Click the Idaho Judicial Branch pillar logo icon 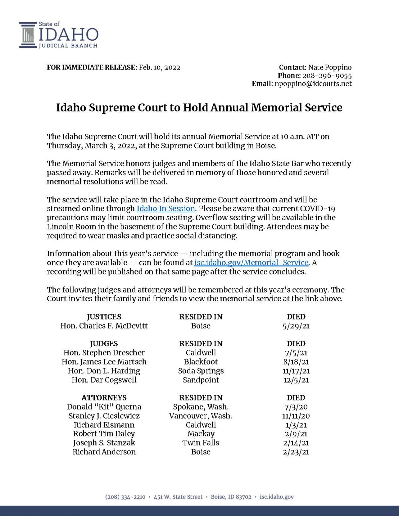[x=28, y=35]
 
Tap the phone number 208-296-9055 [x=327, y=76]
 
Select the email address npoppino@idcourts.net [x=313, y=84]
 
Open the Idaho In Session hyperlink [x=166, y=209]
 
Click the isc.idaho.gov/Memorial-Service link [x=251, y=263]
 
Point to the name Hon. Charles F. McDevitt [x=104, y=326]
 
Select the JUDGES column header [x=104, y=344]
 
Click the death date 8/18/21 [x=296, y=362]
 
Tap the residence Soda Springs [x=201, y=371]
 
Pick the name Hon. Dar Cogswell [x=104, y=380]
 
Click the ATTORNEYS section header [x=104, y=398]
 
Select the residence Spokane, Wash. [x=201, y=407]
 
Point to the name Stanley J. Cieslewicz [x=104, y=416]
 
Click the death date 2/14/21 [x=296, y=443]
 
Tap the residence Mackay [x=201, y=434]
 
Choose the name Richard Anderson [x=104, y=452]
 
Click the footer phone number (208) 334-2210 [x=125, y=497]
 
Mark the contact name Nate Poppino [x=330, y=68]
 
